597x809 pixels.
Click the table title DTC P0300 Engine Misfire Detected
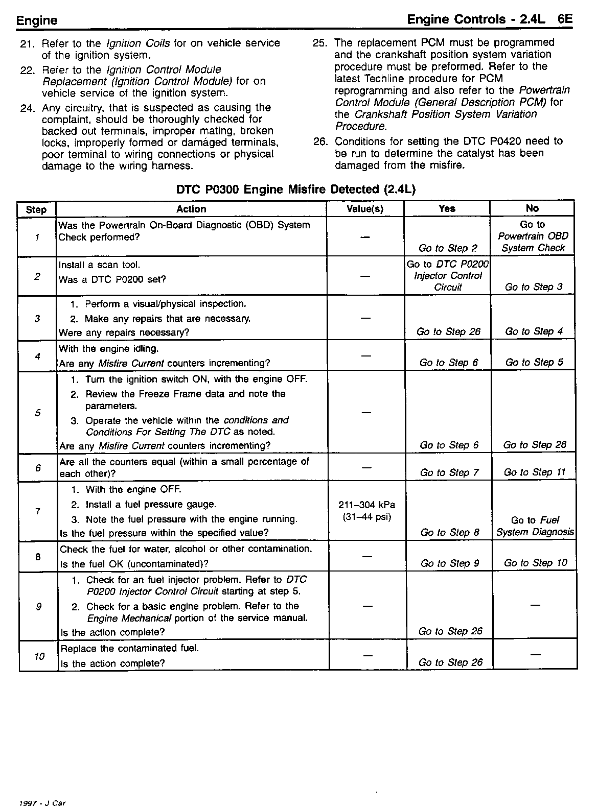coord(296,189)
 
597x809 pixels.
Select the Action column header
coord(191,209)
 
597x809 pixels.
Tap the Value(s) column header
coord(365,209)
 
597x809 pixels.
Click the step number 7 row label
coord(38,512)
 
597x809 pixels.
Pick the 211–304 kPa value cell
coord(366,511)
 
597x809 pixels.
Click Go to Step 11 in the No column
coord(535,472)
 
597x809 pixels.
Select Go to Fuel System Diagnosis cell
coord(535,526)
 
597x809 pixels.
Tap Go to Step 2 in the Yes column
coord(448,248)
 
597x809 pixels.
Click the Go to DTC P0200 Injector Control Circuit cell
coord(448,276)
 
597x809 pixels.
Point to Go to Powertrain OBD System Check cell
coord(533,236)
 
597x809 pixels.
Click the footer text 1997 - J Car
coord(42,803)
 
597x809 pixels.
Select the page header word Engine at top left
coord(37,21)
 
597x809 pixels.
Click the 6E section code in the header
coord(565,20)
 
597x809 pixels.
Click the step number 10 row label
coord(39,656)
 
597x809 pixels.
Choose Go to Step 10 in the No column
coord(535,563)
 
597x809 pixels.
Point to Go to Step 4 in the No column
coord(534,331)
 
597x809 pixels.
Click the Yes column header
coord(447,208)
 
